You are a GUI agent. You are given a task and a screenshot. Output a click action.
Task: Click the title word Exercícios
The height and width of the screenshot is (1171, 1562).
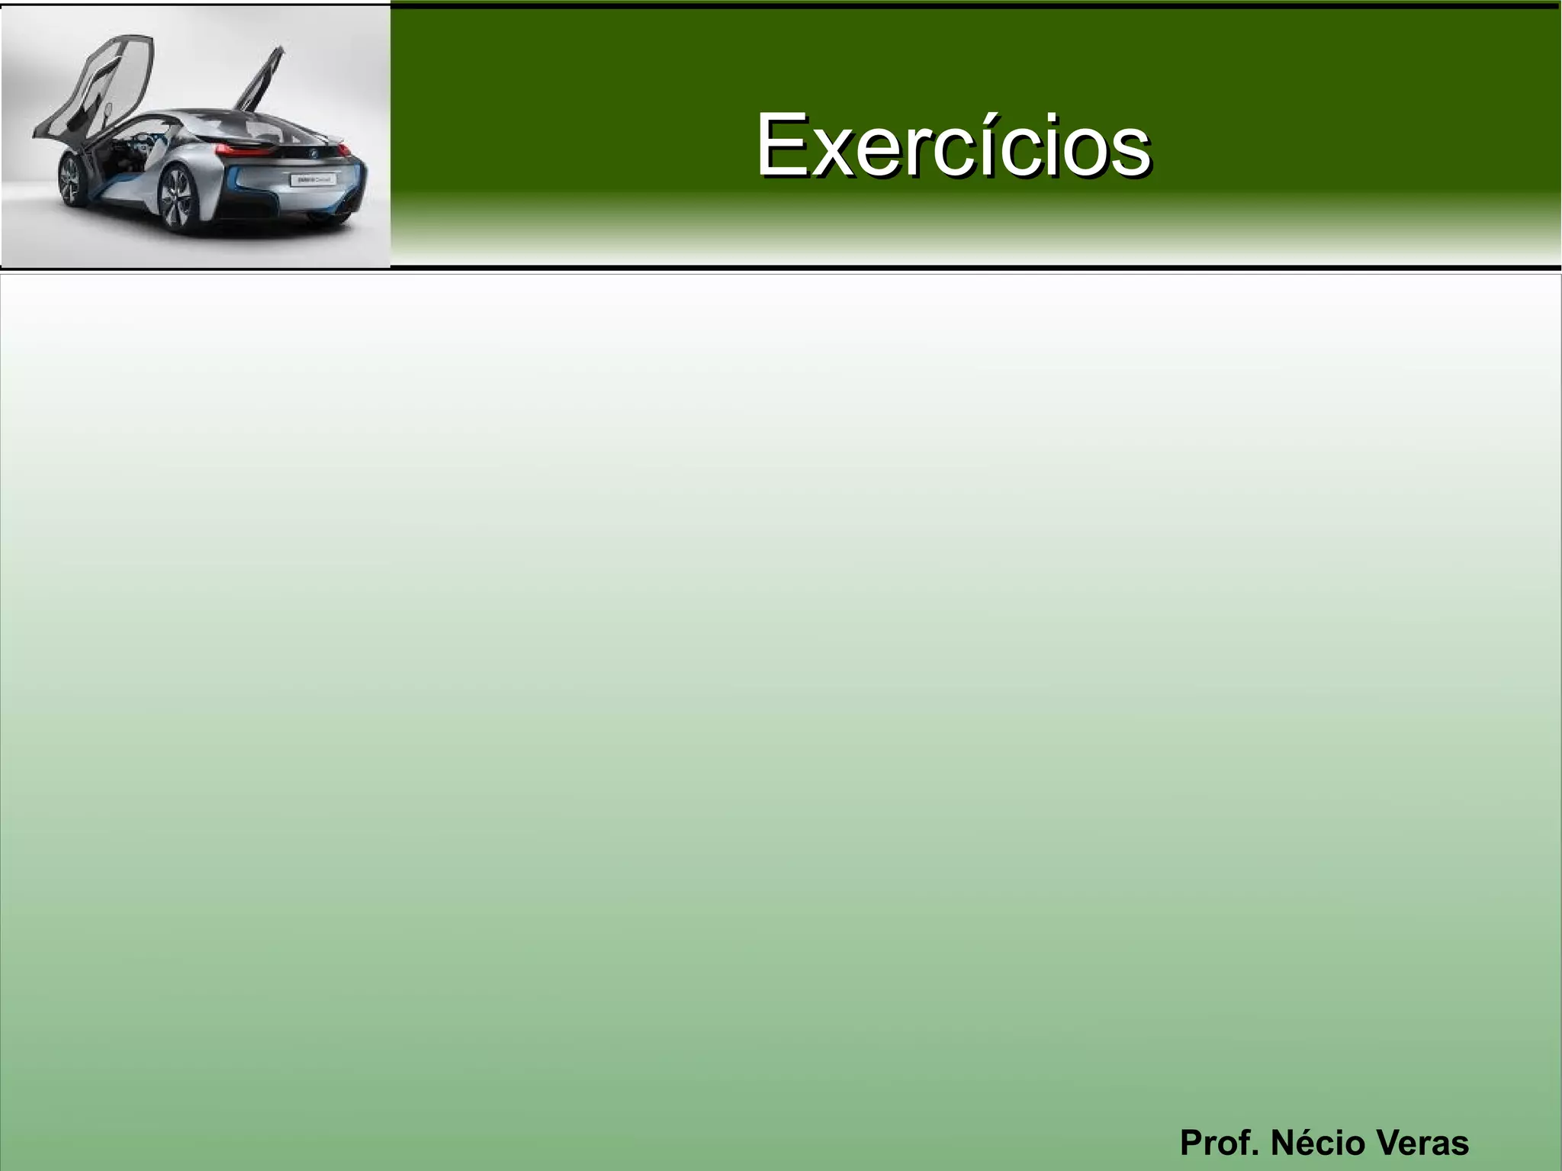953,145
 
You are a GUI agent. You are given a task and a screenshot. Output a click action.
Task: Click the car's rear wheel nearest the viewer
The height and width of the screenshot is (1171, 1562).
178,200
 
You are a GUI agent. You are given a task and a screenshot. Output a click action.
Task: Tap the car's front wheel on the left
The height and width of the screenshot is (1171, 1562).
71,180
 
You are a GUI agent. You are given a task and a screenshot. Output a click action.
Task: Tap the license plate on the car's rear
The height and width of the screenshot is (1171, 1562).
313,180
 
